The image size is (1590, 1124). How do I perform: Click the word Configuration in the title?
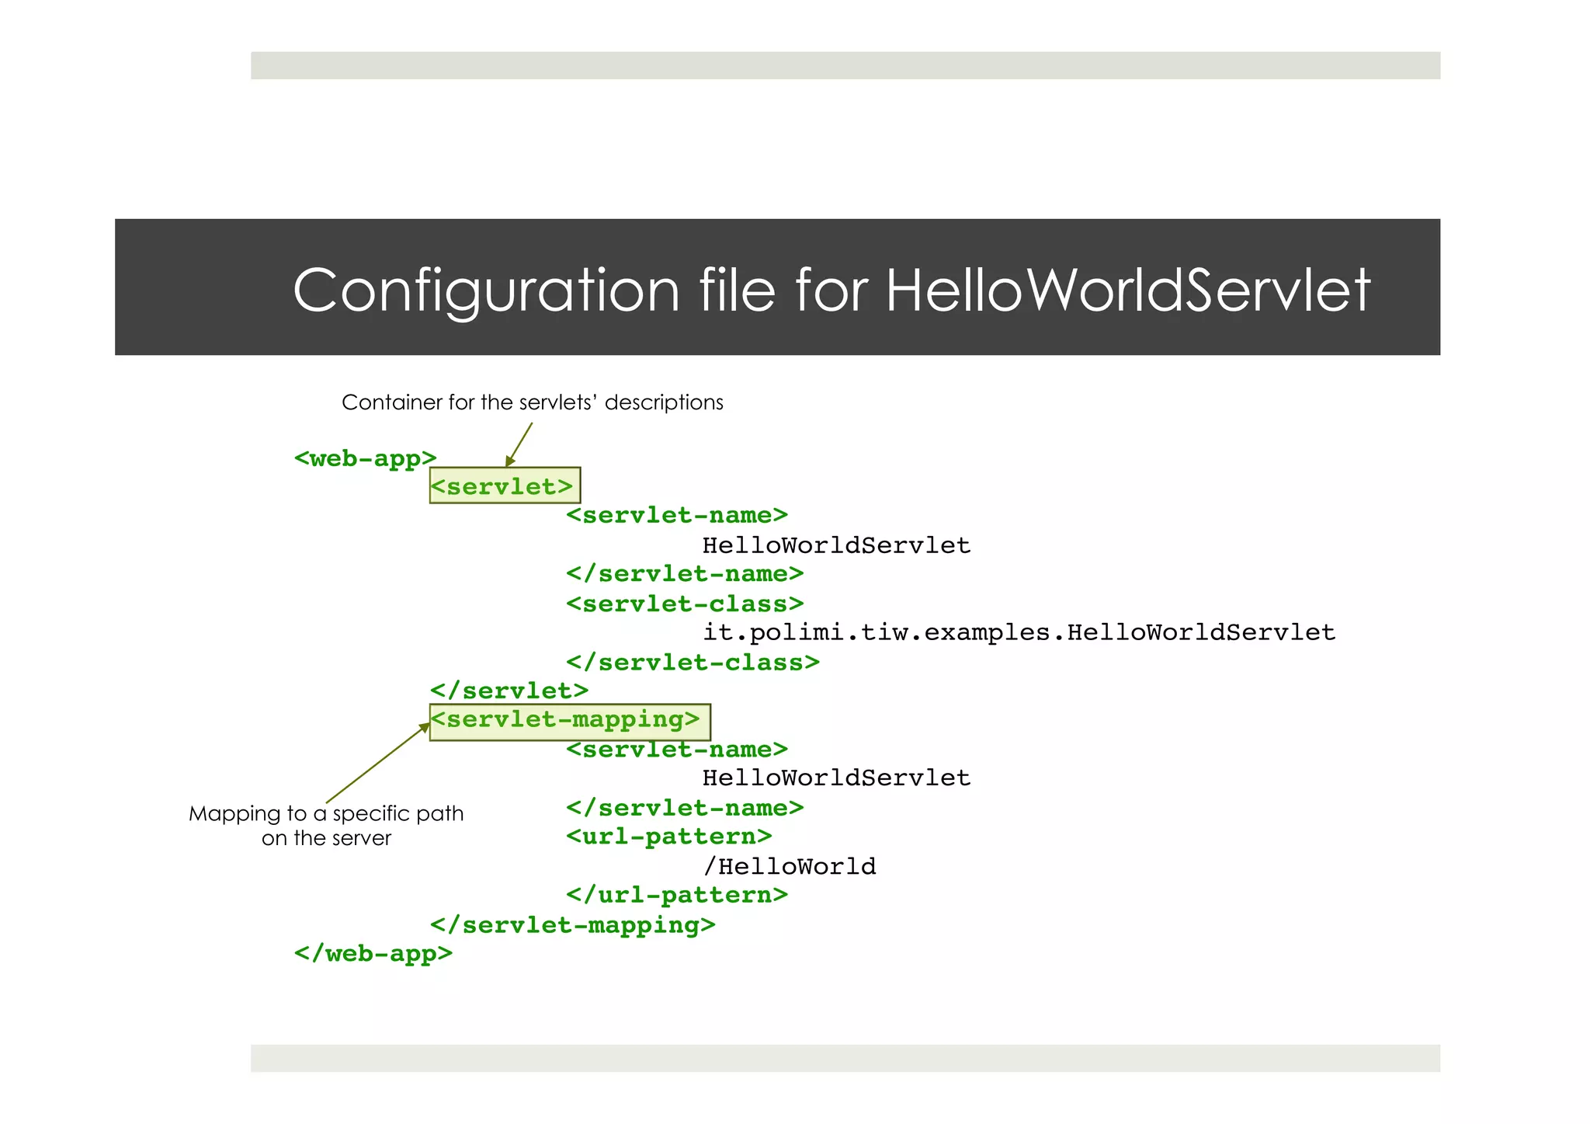click(486, 291)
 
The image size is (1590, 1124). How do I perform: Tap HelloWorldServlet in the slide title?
click(1127, 291)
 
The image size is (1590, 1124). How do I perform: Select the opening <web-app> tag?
click(365, 458)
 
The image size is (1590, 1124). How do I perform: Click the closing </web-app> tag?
click(373, 953)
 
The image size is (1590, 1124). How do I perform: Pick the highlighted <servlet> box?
click(505, 486)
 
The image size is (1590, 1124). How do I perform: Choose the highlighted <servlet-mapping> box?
click(569, 721)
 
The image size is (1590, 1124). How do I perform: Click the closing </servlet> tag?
click(509, 691)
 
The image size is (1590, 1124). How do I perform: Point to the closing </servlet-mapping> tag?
click(572, 924)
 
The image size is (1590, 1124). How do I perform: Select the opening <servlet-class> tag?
click(684, 604)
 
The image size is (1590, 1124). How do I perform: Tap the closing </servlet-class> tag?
click(693, 663)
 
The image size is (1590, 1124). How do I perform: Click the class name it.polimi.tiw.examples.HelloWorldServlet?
click(1019, 632)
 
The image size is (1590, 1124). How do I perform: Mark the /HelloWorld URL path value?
click(789, 866)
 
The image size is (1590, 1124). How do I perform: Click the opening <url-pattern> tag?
click(668, 837)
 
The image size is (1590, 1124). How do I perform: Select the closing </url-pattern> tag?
click(676, 895)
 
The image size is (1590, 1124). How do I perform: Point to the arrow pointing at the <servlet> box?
click(519, 445)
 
